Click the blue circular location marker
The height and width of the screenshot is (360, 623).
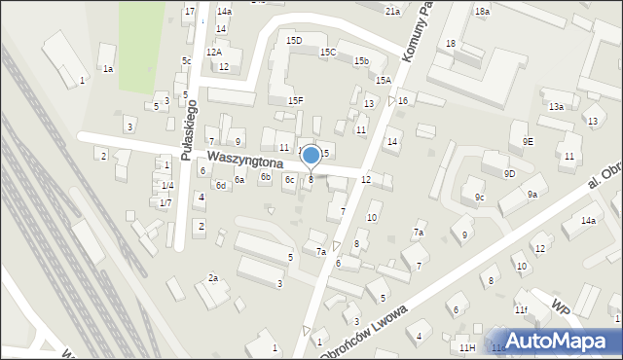coord(311,155)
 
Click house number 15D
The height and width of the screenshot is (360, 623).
coord(294,40)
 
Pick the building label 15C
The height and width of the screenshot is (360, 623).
coord(328,52)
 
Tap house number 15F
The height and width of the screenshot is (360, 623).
coord(295,100)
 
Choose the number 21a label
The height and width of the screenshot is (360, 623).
coord(392,11)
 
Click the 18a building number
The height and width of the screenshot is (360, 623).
coord(482,11)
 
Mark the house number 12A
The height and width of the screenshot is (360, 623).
coord(214,52)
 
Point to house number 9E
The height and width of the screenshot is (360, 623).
coord(528,141)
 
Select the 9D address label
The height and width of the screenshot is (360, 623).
coord(509,173)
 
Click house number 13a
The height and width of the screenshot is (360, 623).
coord(556,106)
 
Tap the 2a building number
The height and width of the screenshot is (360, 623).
coord(212,278)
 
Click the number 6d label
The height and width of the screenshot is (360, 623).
coord(221,185)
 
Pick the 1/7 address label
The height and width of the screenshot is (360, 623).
coord(166,202)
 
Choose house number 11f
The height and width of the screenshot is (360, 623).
coord(522,309)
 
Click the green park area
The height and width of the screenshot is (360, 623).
coord(141,33)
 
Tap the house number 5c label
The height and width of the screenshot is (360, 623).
coord(186,60)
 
